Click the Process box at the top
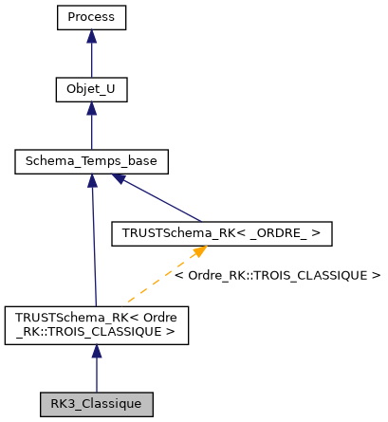click(91, 17)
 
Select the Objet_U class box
click(91, 90)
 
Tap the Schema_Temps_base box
click(91, 162)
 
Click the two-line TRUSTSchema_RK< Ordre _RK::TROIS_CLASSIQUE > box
click(96, 323)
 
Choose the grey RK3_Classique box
click(96, 403)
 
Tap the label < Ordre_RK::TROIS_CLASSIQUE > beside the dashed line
click(277, 275)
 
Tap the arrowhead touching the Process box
click(91, 36)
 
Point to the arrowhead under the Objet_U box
click(91, 109)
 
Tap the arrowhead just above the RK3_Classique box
click(96, 352)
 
